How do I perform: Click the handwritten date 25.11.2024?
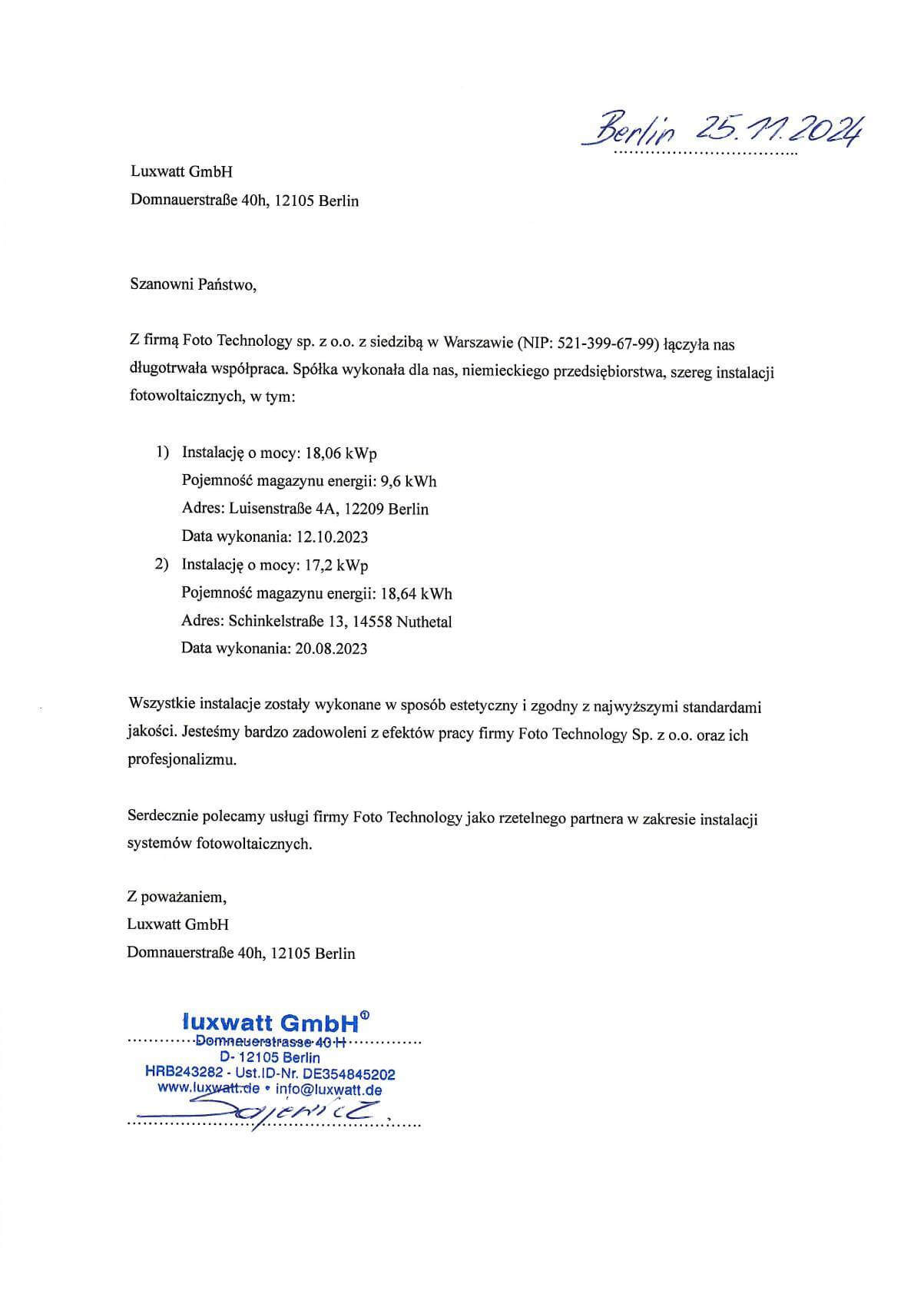779,132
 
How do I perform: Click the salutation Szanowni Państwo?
193,285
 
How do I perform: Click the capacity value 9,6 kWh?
409,481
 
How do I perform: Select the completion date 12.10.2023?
332,536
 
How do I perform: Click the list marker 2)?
161,565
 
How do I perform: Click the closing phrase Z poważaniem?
177,897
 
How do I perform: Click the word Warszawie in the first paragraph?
475,343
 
